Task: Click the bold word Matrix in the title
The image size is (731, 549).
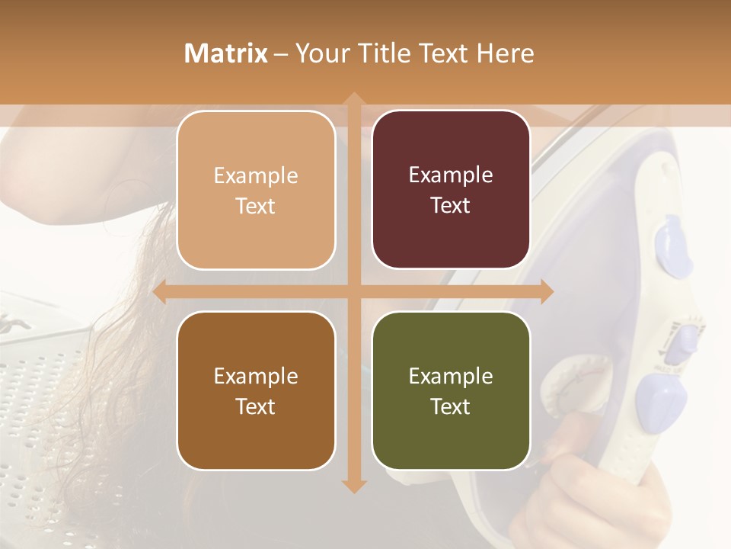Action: pyautogui.click(x=226, y=53)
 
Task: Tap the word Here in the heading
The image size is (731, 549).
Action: pyautogui.click(x=505, y=53)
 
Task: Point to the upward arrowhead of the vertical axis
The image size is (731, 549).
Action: pyautogui.click(x=353, y=99)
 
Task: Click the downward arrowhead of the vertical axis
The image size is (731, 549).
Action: pyautogui.click(x=353, y=486)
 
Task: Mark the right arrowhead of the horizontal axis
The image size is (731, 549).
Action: pyautogui.click(x=546, y=291)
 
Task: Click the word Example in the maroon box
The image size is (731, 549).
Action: pyautogui.click(x=451, y=175)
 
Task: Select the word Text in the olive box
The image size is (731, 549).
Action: pyautogui.click(x=451, y=406)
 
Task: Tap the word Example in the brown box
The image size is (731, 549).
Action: pyautogui.click(x=256, y=376)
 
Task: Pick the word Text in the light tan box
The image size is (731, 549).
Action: pyautogui.click(x=256, y=206)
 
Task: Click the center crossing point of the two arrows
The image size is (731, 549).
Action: pyautogui.click(x=353, y=291)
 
